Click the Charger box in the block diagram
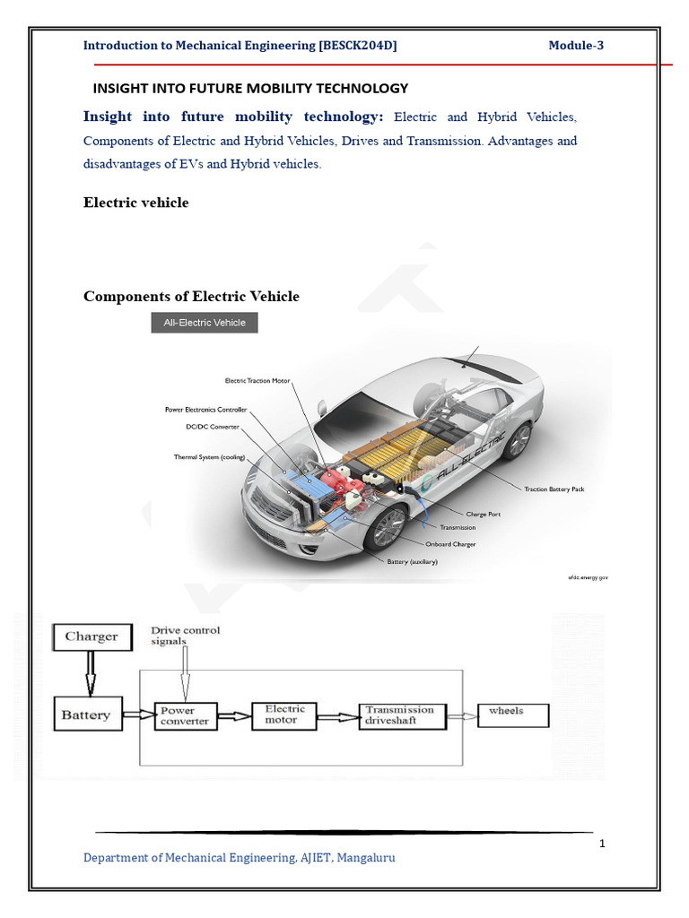pyautogui.click(x=92, y=637)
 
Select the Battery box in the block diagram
pyautogui.click(x=87, y=715)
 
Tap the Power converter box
pyautogui.click(x=185, y=715)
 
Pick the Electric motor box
pyautogui.click(x=284, y=714)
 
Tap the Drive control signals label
pyautogui.click(x=185, y=636)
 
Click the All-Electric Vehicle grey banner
pyautogui.click(x=205, y=323)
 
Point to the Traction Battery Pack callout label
pyautogui.click(x=554, y=489)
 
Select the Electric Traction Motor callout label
pyautogui.click(x=257, y=381)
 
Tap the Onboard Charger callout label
pyautogui.click(x=451, y=544)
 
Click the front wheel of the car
pyautogui.click(x=387, y=527)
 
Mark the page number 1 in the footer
pyautogui.click(x=602, y=844)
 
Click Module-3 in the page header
pyautogui.click(x=576, y=46)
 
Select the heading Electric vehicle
pyautogui.click(x=136, y=203)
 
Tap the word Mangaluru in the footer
pyautogui.click(x=366, y=858)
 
